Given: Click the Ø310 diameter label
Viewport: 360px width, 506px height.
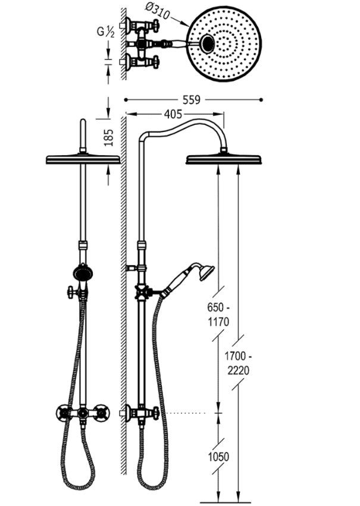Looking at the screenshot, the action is pyautogui.click(x=158, y=11).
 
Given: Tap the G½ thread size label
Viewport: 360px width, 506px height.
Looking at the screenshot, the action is pyautogui.click(x=106, y=32).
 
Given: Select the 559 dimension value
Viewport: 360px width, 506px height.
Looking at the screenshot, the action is pyautogui.click(x=192, y=100).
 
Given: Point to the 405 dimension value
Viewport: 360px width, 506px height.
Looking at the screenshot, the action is pyautogui.click(x=173, y=114).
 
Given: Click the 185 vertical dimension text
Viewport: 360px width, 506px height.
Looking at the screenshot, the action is pyautogui.click(x=109, y=137).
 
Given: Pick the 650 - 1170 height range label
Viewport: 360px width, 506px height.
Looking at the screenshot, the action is pyautogui.click(x=218, y=315).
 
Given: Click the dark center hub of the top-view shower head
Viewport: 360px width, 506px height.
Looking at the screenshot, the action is pyautogui.click(x=208, y=43).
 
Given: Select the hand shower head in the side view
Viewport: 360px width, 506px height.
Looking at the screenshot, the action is pyautogui.click(x=206, y=272).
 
